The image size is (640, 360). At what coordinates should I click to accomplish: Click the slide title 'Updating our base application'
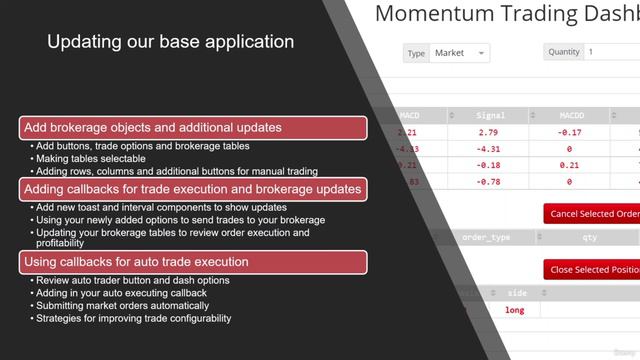[x=171, y=42]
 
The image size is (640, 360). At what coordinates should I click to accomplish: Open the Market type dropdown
[x=459, y=52]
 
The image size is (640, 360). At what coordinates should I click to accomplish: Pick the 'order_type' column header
[x=487, y=237]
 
